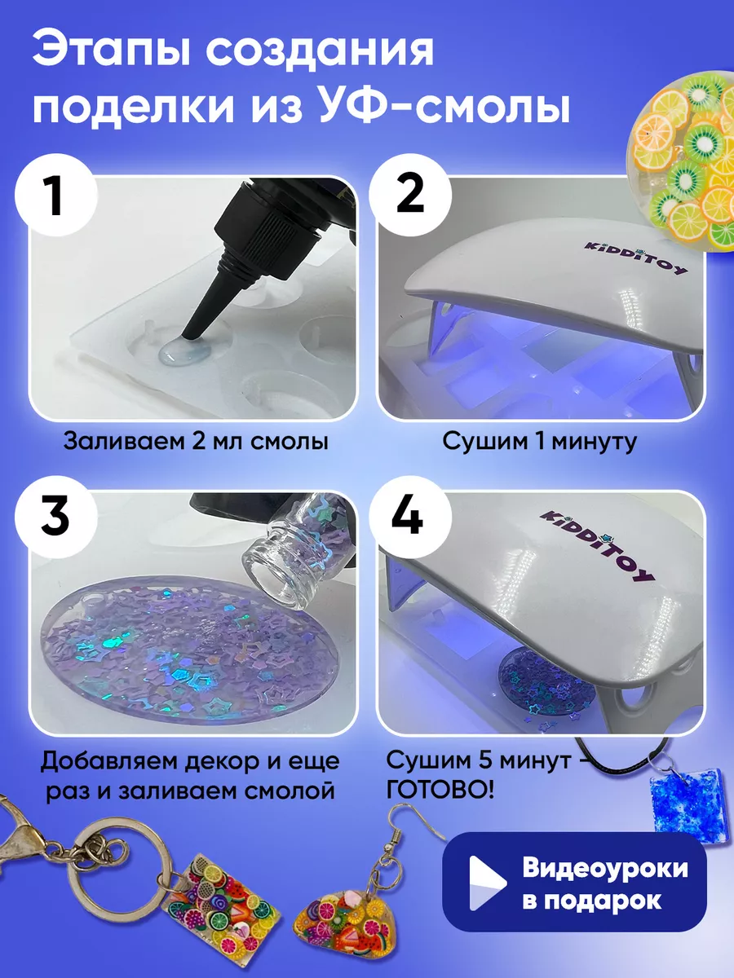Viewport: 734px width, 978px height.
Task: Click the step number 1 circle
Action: pos(56,195)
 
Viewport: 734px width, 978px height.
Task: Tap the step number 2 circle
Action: pos(410,195)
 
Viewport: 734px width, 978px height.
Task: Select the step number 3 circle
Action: pos(56,518)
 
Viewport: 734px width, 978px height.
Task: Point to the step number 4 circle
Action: pos(410,518)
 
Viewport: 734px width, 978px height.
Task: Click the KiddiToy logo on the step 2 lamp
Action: pos(636,258)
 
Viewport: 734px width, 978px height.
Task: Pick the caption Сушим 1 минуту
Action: pos(540,442)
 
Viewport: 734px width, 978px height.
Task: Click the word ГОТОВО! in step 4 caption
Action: pos(440,791)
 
